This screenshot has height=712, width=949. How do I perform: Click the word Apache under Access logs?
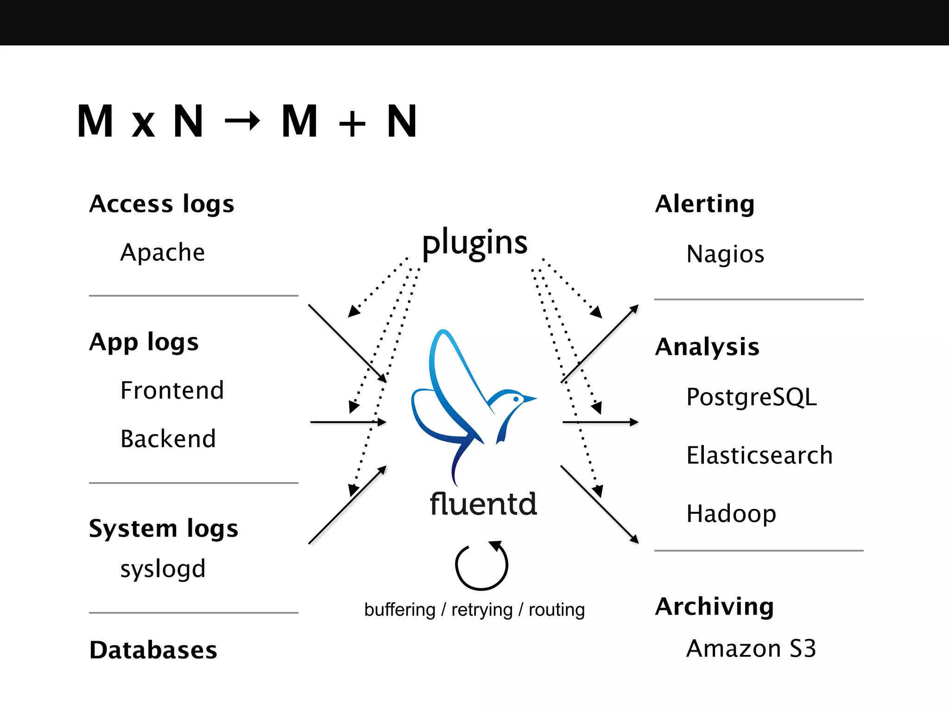162,253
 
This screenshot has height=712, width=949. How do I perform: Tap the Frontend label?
172,390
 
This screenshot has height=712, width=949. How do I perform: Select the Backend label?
168,439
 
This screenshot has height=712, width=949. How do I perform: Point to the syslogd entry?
163,569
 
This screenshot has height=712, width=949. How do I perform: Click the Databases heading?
153,650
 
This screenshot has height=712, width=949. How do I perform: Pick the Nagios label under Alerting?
725,254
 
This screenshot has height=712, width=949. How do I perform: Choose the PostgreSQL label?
751,397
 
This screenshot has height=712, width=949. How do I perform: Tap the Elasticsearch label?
759,455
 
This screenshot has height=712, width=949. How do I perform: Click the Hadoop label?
731,514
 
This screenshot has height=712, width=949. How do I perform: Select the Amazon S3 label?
751,648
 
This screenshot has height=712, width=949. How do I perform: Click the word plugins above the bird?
474,243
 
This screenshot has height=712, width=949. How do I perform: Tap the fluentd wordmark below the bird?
483,504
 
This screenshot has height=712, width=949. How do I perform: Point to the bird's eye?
516,399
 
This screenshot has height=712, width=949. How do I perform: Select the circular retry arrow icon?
481,566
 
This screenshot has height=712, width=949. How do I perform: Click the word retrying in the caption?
482,610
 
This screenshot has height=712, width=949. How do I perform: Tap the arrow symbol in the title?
242,121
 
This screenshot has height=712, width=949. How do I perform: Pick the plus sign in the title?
352,124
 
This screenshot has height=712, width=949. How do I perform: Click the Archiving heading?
714,607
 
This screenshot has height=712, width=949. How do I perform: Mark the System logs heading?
164,529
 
